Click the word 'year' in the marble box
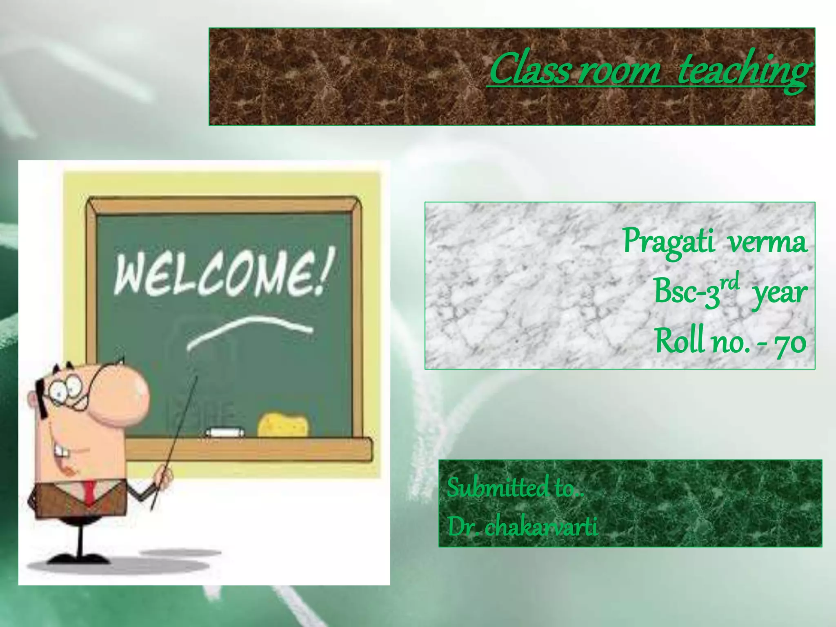pos(780,293)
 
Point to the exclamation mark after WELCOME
pos(327,269)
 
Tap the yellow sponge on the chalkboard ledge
pos(283,425)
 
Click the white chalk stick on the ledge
pos(225,431)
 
